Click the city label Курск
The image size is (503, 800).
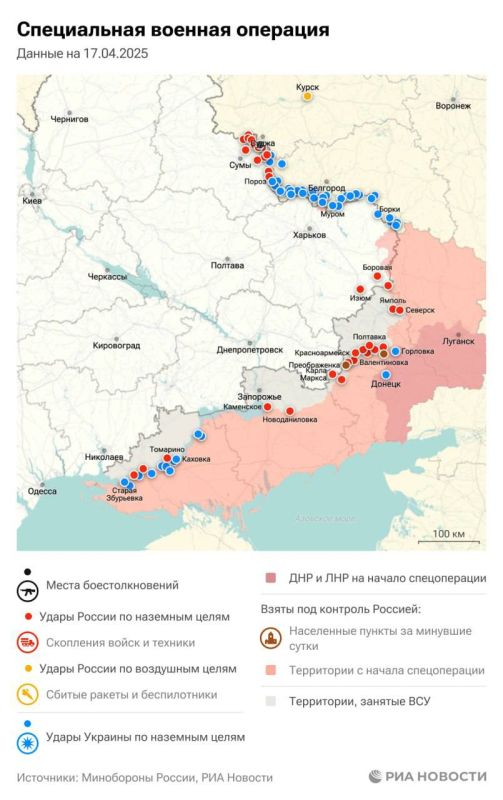tap(307, 87)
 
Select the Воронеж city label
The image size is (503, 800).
tap(453, 105)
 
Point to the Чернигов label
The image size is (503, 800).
tap(70, 119)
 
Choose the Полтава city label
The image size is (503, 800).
tap(227, 265)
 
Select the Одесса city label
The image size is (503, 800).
tap(42, 491)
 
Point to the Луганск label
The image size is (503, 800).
tap(458, 341)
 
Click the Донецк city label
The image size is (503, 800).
tap(385, 384)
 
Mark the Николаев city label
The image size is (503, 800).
tap(105, 457)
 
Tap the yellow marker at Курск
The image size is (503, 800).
tap(308, 98)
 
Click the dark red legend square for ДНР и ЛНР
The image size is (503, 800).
tap(269, 578)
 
